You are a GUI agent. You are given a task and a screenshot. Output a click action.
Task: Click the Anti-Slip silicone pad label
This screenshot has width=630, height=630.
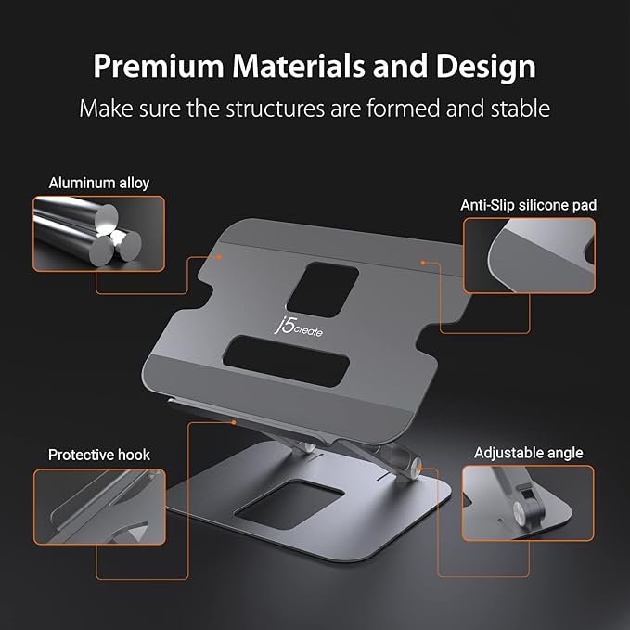tap(527, 205)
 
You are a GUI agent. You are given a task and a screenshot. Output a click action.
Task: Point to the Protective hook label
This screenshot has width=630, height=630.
tap(99, 455)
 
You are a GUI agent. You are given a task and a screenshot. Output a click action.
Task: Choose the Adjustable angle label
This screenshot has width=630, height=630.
tap(528, 453)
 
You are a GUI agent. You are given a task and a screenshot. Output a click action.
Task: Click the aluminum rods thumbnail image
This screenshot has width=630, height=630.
tap(99, 233)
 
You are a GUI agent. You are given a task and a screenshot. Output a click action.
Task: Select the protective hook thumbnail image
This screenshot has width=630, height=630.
tap(99, 506)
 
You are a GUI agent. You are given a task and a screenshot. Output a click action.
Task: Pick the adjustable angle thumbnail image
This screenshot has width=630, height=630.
tap(528, 503)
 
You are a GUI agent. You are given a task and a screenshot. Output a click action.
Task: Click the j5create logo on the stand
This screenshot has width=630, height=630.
tap(300, 327)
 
